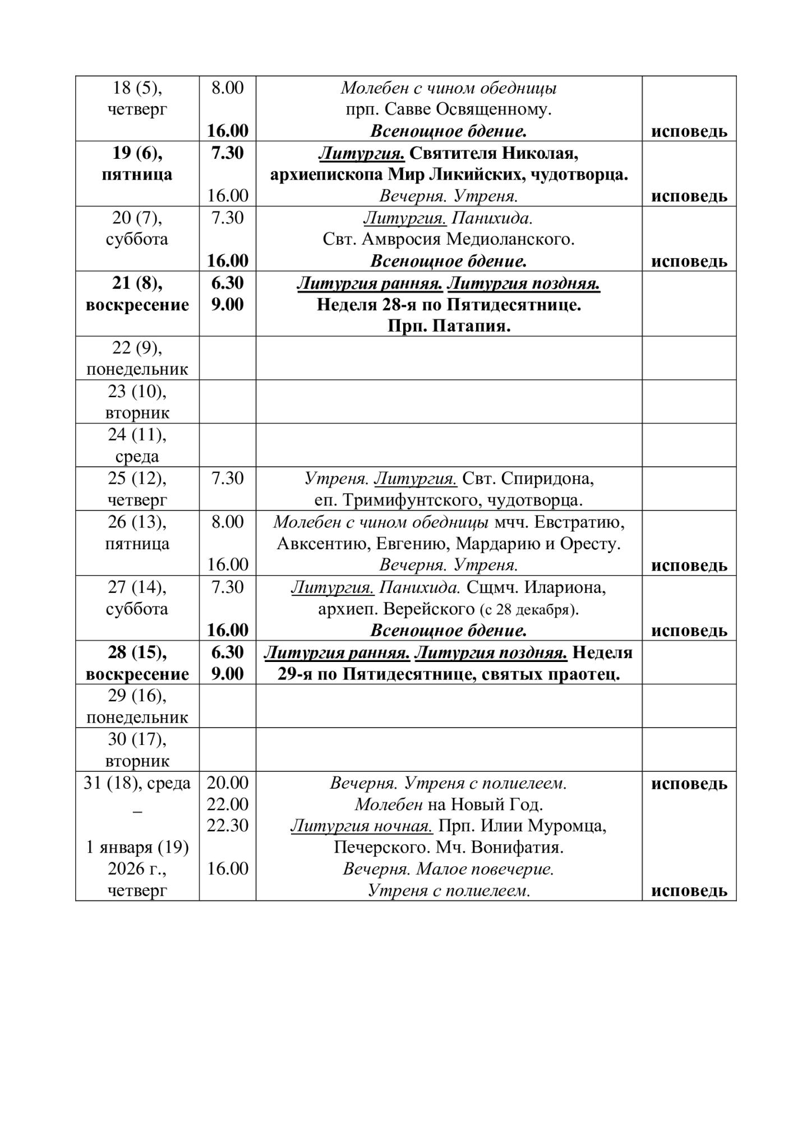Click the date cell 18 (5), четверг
pyautogui.click(x=137, y=98)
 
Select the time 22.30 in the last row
pyautogui.click(x=227, y=826)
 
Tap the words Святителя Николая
pyautogui.click(x=494, y=153)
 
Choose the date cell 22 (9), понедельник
pyautogui.click(x=137, y=358)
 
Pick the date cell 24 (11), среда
pyautogui.click(x=137, y=445)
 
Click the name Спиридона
pyautogui.click(x=547, y=479)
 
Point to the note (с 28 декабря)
pyautogui.click(x=529, y=610)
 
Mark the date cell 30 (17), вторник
pyautogui.click(x=137, y=750)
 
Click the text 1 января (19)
pyautogui.click(x=137, y=848)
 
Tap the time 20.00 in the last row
pyautogui.click(x=227, y=783)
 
